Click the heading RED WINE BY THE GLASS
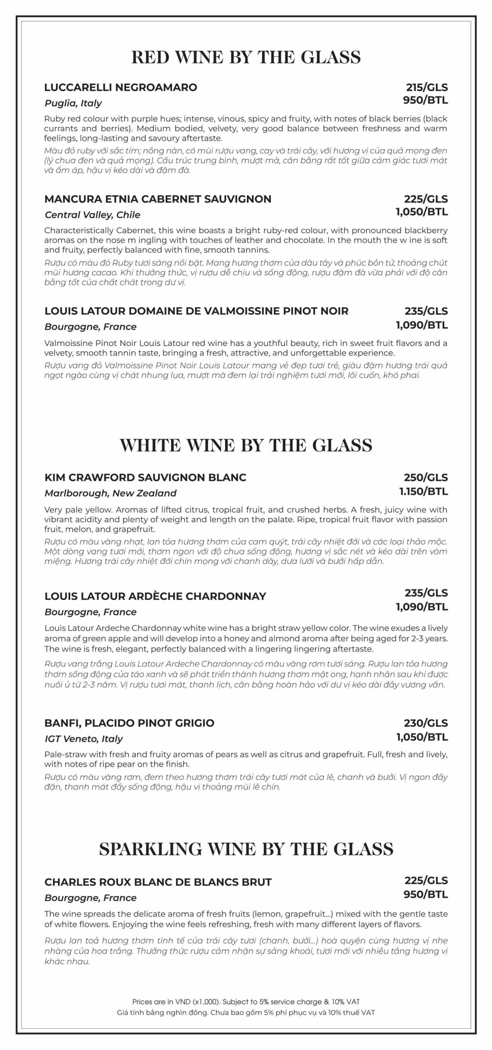(x=246, y=57)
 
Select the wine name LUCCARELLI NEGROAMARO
(x=121, y=87)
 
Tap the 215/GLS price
(x=427, y=87)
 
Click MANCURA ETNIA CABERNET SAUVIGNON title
(x=158, y=199)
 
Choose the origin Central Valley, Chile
(x=92, y=215)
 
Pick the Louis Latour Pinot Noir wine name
(x=196, y=311)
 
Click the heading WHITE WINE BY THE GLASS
(x=246, y=445)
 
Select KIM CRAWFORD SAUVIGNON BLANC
(x=145, y=477)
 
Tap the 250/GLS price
(x=426, y=477)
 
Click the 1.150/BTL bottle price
(x=424, y=491)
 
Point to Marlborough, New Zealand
(x=110, y=493)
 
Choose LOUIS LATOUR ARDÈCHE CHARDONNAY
(x=155, y=596)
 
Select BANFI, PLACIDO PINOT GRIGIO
(x=129, y=723)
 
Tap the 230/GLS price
(x=426, y=723)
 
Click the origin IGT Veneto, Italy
(x=84, y=739)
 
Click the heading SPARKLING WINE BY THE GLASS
(x=246, y=849)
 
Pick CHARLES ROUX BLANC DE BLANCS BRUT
(x=158, y=882)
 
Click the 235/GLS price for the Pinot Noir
(x=426, y=311)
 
